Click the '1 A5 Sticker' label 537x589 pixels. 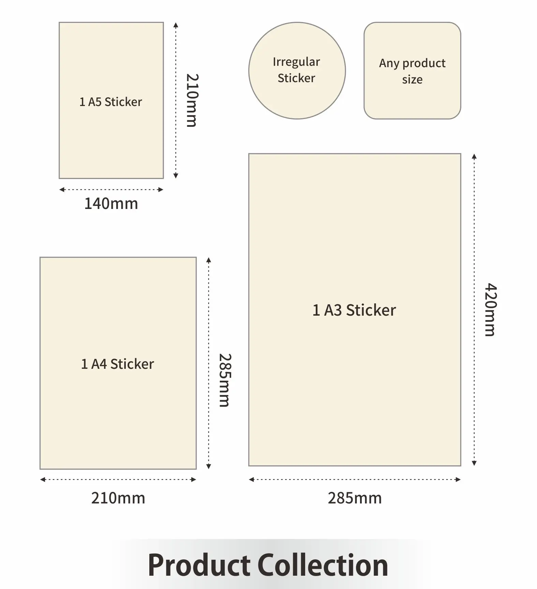111,102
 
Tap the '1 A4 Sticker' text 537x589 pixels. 118,364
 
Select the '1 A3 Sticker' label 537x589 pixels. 354,310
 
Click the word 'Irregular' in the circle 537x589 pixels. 296,62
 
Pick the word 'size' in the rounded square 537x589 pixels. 412,80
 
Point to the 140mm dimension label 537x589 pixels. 111,204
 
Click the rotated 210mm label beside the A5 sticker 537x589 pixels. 192,100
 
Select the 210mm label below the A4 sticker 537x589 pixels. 118,498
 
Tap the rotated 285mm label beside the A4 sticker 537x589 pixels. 225,380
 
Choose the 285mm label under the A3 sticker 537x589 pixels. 355,498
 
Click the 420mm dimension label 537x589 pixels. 491,309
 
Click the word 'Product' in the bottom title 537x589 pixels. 199,565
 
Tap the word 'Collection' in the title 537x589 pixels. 323,565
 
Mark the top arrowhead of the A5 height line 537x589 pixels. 176,25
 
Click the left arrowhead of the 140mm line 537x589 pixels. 62,190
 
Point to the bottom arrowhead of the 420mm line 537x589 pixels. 474,463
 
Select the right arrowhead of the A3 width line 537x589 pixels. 458,480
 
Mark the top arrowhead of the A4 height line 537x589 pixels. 209,260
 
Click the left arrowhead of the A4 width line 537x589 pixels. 43,480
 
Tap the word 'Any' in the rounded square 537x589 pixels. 389,63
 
